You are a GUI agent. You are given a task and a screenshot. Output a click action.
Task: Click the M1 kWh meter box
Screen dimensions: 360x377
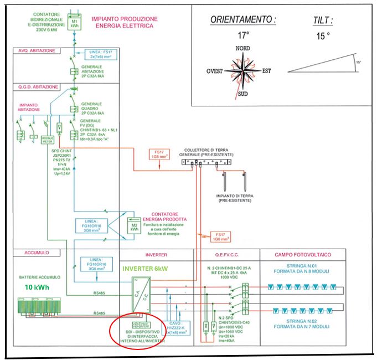pos(74,27)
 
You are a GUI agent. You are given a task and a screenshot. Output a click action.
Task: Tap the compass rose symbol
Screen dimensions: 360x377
pos(242,71)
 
